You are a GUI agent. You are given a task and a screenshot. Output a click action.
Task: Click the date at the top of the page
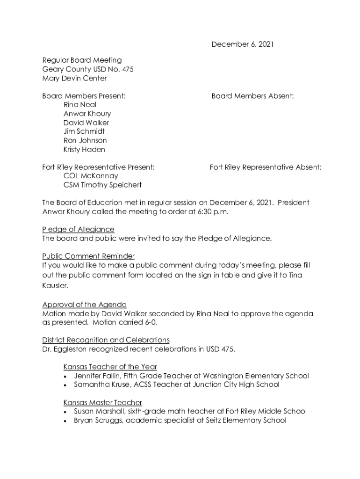pos(242,44)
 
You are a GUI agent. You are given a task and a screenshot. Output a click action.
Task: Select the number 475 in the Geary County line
pos(127,69)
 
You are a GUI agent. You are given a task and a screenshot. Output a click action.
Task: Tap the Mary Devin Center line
pos(74,78)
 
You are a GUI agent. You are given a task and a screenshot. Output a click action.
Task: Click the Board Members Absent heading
pos(252,96)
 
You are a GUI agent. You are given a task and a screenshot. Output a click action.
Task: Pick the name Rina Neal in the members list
pos(80,105)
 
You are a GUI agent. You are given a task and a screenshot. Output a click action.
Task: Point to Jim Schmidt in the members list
pos(84,131)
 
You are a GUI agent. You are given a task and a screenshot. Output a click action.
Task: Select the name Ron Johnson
pos(85,140)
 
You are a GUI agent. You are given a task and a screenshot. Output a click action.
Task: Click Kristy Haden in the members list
pos(84,150)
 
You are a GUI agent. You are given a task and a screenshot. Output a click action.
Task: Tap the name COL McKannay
pos(91,176)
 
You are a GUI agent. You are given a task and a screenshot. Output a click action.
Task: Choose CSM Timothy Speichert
pos(102,185)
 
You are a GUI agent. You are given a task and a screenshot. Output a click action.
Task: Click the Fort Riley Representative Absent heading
pos(266,167)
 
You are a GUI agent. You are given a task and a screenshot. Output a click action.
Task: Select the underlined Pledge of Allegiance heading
pos(78,229)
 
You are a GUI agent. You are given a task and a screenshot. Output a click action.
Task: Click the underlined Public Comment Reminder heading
pos(88,256)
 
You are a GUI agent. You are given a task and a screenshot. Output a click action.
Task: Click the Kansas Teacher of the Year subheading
pos(110,367)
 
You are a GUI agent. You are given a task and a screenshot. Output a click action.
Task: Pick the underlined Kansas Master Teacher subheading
pos(102,402)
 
